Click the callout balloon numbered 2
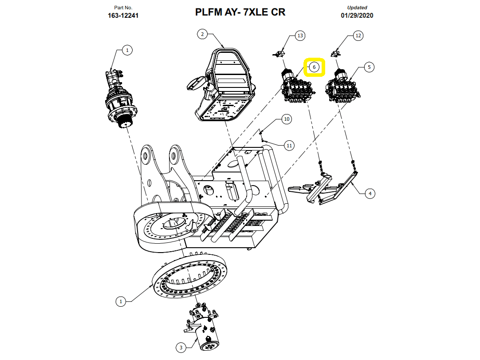pos(202,34)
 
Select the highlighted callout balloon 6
pos(314,67)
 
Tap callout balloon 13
pos(300,36)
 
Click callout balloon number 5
pos(369,67)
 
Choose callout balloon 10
pos(287,119)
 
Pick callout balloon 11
pos(289,145)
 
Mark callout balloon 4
pos(369,193)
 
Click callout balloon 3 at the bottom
pos(181,347)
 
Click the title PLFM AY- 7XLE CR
pos(240,12)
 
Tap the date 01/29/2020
pos(357,16)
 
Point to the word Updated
pos(357,8)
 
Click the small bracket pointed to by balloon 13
pos(279,54)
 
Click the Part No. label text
pos(123,8)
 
